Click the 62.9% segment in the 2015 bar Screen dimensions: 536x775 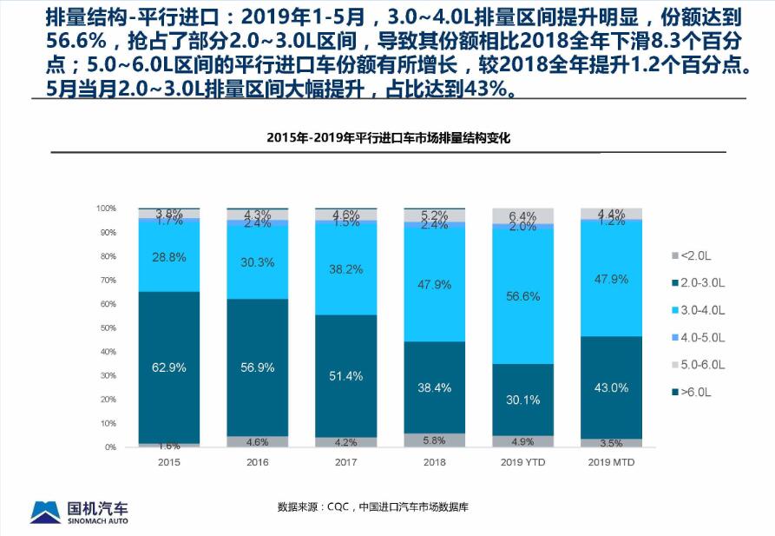pos(168,367)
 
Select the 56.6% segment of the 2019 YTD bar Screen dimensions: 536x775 pos(523,296)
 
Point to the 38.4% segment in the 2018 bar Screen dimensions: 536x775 pos(434,387)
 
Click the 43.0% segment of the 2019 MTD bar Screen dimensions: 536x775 pos(611,387)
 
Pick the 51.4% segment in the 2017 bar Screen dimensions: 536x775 pos(345,375)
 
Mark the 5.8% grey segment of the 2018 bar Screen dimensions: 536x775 pos(434,440)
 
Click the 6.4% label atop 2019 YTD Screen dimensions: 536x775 pos(523,216)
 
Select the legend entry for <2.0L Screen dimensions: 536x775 pos(694,255)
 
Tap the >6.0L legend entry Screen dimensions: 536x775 pos(694,393)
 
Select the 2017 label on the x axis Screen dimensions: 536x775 pos(345,462)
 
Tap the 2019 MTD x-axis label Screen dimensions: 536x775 pos(611,462)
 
